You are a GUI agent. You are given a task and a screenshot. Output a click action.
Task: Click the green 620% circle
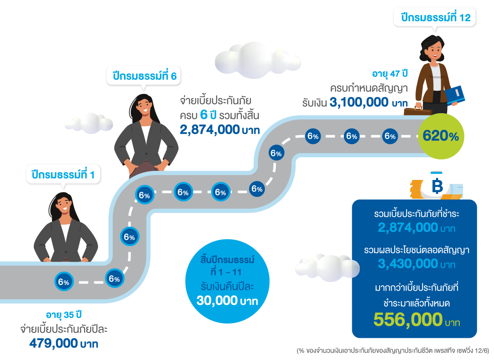(x=441, y=136)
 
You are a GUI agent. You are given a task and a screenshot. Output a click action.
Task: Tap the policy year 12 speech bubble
(x=435, y=17)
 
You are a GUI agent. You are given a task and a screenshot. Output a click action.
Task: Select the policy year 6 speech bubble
(x=144, y=76)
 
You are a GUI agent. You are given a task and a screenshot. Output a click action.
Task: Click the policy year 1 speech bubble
(x=63, y=174)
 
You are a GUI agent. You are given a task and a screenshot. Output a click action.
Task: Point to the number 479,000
(x=54, y=343)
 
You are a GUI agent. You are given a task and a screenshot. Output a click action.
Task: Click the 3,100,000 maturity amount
(x=359, y=102)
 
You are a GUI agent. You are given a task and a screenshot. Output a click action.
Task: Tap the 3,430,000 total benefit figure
(x=408, y=264)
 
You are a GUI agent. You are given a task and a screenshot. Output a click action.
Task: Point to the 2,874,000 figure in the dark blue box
(x=408, y=227)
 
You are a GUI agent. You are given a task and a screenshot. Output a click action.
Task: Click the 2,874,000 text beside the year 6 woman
(x=209, y=130)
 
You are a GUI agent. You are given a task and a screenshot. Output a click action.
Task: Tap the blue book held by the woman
(x=455, y=95)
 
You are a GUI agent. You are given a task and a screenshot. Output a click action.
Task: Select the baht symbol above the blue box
(x=437, y=186)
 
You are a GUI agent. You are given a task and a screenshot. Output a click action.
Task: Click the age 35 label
(x=64, y=314)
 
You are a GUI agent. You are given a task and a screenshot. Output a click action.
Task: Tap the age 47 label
(x=390, y=74)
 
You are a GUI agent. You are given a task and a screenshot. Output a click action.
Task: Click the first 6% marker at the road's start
(x=64, y=282)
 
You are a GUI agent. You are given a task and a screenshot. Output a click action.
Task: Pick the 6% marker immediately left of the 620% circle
(x=390, y=136)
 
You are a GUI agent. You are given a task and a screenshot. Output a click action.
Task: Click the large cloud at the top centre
(x=257, y=61)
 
